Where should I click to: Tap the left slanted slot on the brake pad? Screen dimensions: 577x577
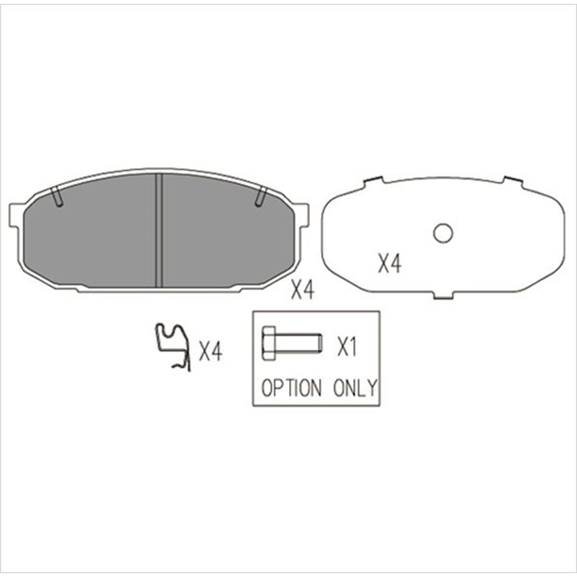tap(57, 196)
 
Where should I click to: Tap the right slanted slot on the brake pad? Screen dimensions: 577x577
tap(261, 196)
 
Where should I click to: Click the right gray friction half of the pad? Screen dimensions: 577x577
tap(226, 233)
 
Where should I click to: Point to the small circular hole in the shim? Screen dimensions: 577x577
tap(442, 234)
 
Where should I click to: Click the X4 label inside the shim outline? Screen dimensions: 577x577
tap(389, 264)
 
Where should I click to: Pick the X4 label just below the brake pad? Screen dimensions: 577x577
tap(303, 290)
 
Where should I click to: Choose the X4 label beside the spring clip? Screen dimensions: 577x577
tap(211, 352)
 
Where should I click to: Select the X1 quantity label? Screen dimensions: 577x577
tap(346, 347)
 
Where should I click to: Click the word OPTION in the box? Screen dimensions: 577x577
tap(291, 388)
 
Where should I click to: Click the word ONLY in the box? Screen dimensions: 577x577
tap(356, 388)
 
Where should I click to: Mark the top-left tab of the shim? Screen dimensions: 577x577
tap(374, 181)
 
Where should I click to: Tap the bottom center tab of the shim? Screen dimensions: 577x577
tap(443, 295)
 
